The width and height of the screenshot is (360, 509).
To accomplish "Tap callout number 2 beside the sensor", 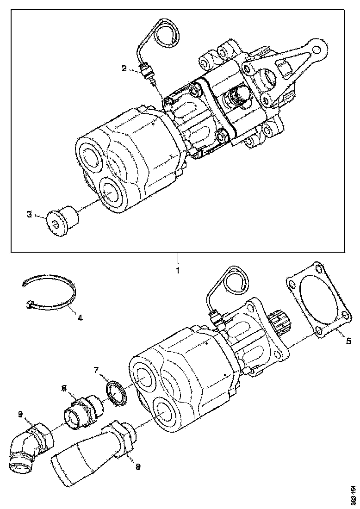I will pyautogui.click(x=124, y=69).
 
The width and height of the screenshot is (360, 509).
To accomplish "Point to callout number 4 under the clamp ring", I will pyautogui.click(x=80, y=318).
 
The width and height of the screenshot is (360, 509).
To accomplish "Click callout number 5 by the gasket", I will pyautogui.click(x=348, y=342).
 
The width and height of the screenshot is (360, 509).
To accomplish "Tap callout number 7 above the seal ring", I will pyautogui.click(x=96, y=370).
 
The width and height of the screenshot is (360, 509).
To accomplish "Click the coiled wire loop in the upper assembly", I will pyautogui.click(x=166, y=35).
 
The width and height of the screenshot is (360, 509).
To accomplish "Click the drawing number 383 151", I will pyautogui.click(x=353, y=495).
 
